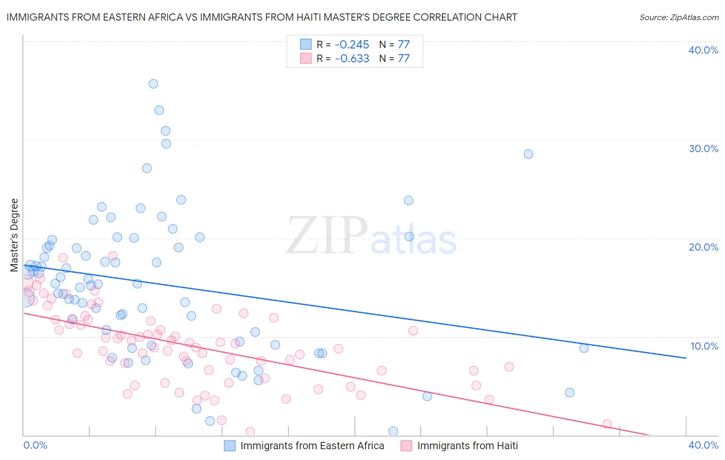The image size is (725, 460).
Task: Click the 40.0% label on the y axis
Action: pos(703,50)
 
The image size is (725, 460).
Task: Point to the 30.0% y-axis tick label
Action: pos(703,149)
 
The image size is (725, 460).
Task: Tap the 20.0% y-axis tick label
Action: pos(703,247)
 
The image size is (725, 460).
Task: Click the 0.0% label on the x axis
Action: pos(35,445)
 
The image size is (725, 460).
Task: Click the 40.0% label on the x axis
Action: pos(703,445)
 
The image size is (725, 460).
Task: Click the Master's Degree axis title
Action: pos(14,235)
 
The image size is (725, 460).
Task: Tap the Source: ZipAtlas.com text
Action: pos(679,17)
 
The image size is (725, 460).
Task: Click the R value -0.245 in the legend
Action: pos(352,44)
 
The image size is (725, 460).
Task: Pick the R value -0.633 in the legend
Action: pos(352,58)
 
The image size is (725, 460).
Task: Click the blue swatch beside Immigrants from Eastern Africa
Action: pos(229,446)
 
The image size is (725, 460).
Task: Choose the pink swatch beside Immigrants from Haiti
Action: pos(406,446)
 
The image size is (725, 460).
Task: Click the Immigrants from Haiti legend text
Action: pos(467,446)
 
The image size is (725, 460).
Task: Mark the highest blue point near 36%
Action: pos(153,84)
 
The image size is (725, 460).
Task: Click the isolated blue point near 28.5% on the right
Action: pos(528,154)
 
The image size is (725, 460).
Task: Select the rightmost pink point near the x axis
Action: pos(607,424)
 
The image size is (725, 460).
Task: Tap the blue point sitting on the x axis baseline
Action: pos(393,431)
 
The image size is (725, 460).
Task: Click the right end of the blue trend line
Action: pos(685,358)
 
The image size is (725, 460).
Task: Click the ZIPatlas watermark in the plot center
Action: pos(371,236)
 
